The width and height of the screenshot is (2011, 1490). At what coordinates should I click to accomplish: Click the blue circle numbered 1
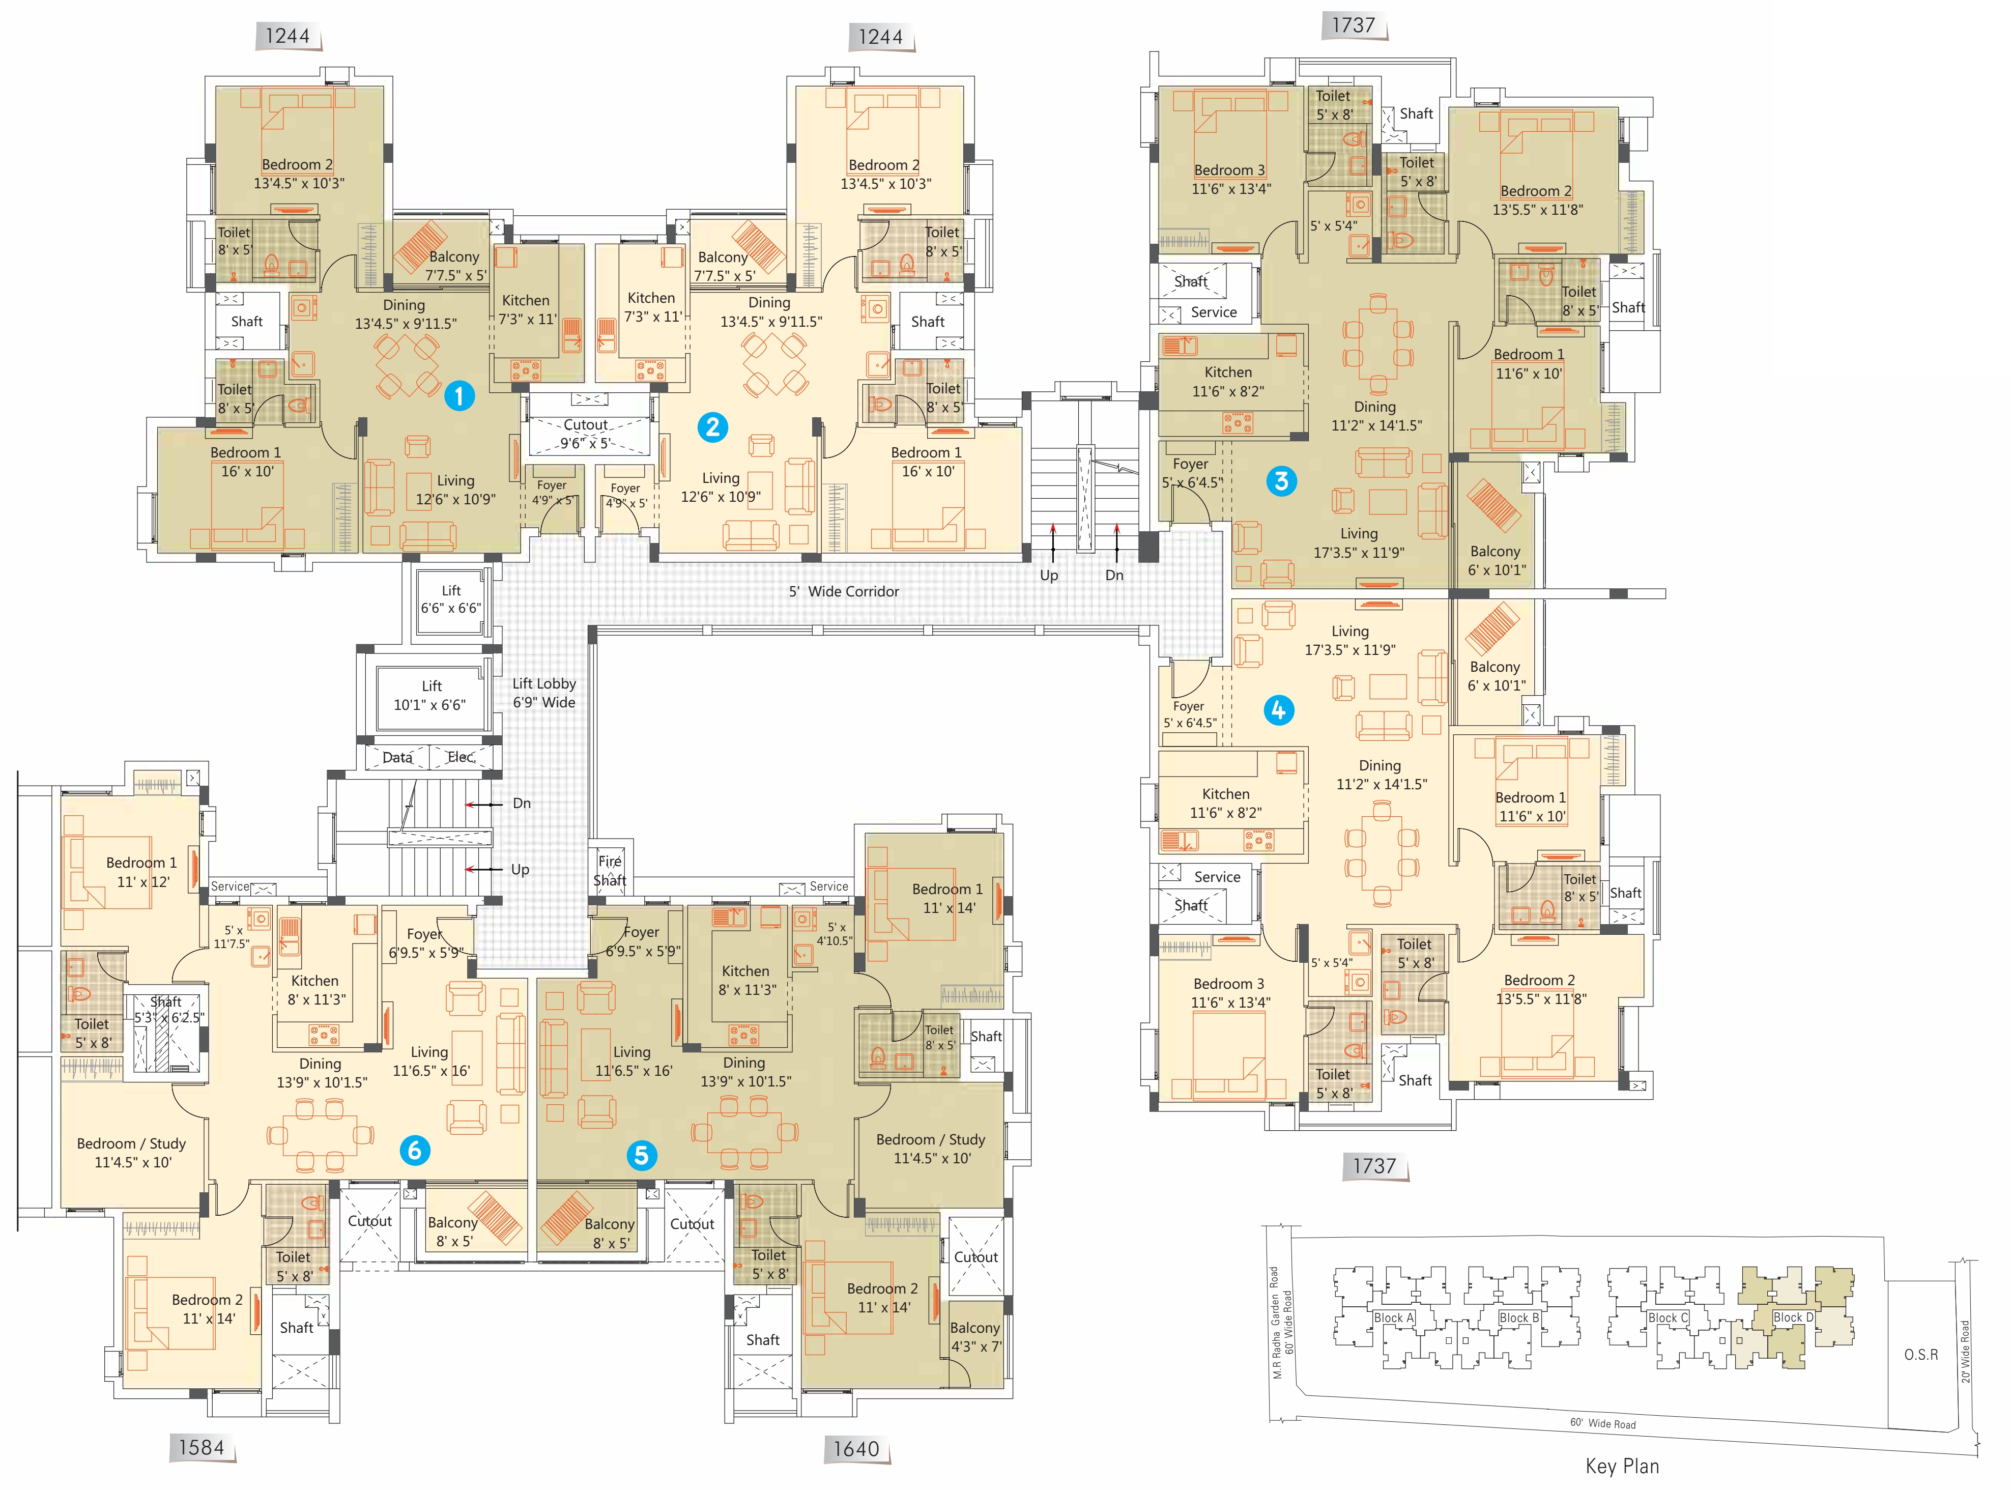click(x=459, y=395)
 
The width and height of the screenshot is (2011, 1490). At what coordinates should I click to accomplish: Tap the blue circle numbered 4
click(x=1278, y=710)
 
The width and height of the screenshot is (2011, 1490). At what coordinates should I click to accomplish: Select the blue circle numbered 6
click(x=415, y=1150)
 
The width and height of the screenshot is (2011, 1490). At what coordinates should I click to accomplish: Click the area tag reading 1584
click(x=201, y=1448)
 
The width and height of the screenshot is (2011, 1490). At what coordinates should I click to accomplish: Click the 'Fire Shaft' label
click(x=610, y=870)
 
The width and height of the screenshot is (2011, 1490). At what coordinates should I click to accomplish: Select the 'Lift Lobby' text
click(x=544, y=683)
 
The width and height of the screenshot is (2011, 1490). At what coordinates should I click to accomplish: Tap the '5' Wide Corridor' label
click(x=844, y=592)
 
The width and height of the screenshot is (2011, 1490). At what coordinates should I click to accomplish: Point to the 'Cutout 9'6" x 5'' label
click(x=586, y=434)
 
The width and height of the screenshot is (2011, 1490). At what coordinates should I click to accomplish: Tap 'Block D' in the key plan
click(x=1793, y=1317)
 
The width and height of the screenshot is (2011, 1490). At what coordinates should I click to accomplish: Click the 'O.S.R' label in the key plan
click(x=1921, y=1355)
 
